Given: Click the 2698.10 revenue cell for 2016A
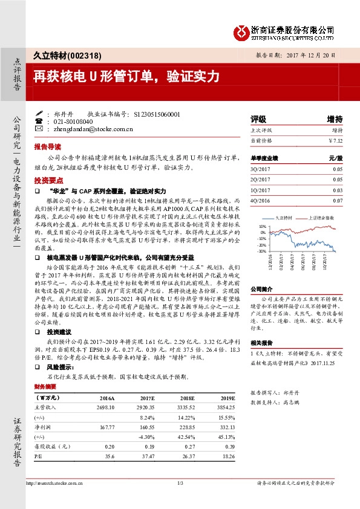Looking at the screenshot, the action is pos(105,408).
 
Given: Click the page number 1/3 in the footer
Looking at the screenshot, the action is pos(180,482).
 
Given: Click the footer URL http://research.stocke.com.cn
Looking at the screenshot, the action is pos(56,483).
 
